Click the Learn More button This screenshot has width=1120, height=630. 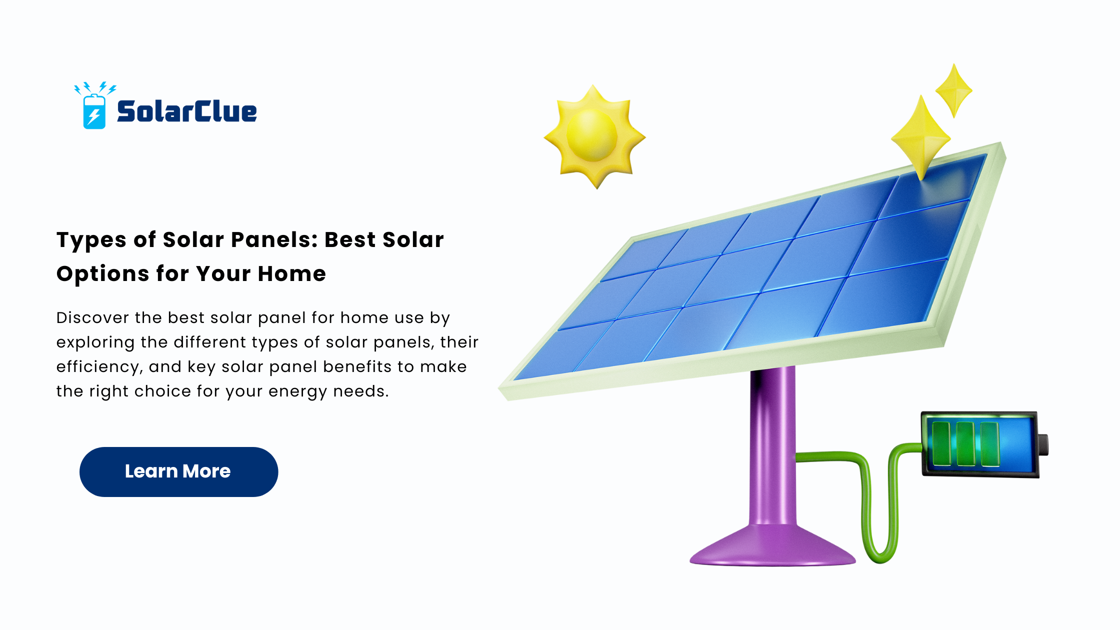tap(178, 471)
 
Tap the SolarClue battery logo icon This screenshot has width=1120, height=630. tap(94, 105)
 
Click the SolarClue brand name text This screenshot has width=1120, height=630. tap(187, 111)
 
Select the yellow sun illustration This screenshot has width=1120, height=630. tap(594, 136)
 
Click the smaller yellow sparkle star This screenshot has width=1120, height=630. tap(954, 91)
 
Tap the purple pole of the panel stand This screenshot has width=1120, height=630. tap(773, 445)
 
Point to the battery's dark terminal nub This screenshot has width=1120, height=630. tap(1043, 444)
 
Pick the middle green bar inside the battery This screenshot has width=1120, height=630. tap(965, 443)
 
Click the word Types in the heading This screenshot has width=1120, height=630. tap(91, 240)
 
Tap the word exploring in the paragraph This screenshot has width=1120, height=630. tap(95, 342)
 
